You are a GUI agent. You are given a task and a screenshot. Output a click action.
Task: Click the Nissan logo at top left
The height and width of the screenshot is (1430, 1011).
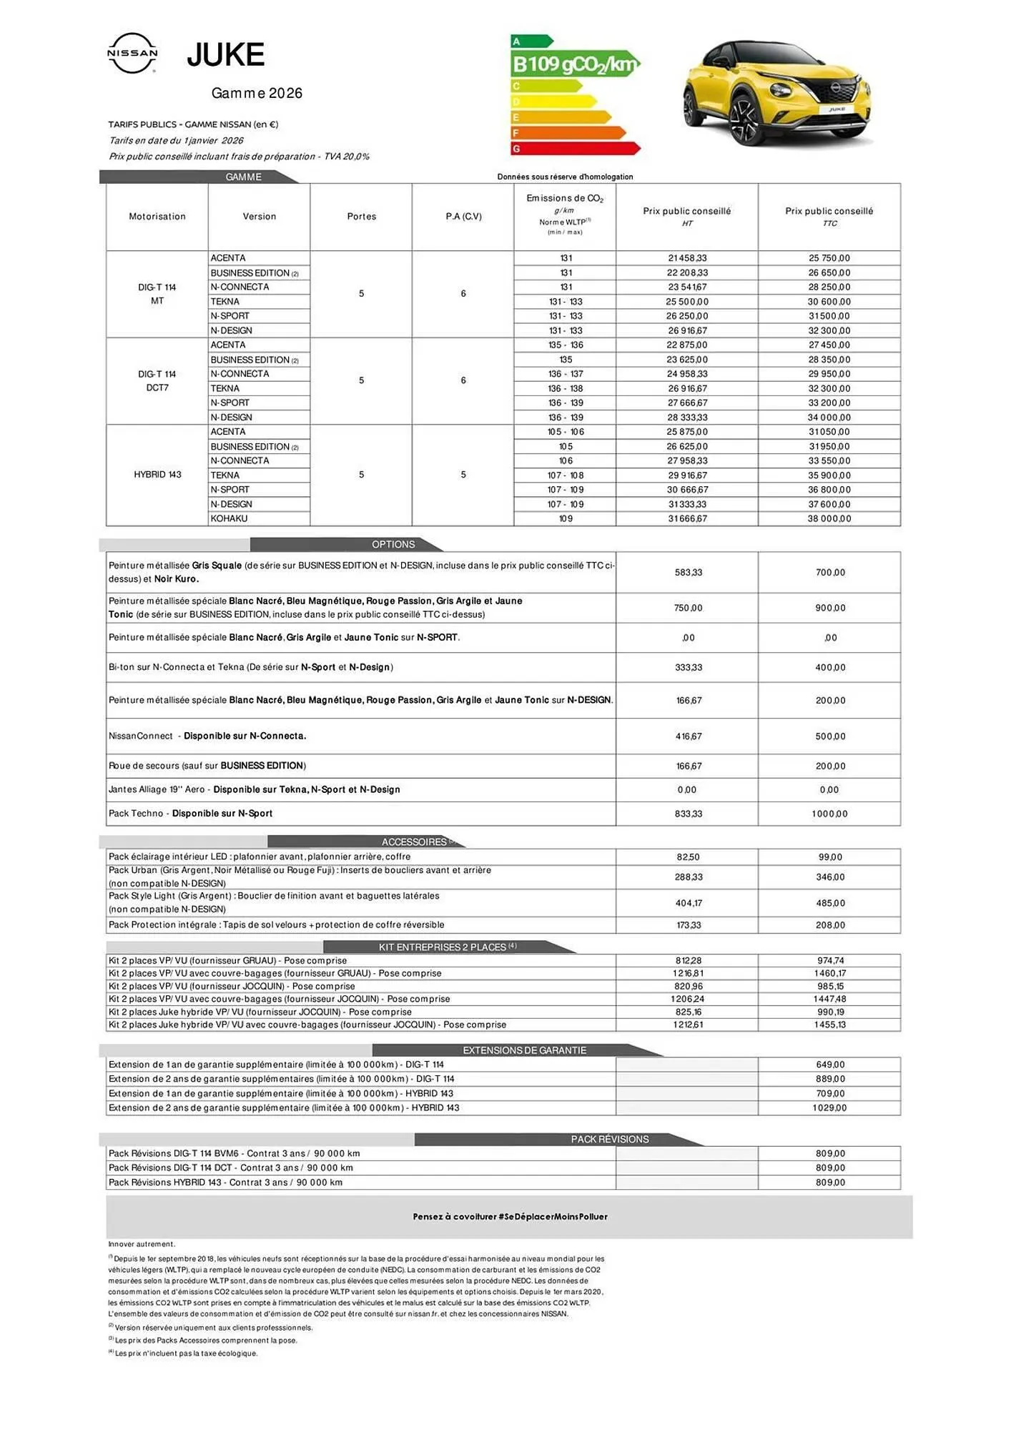coord(132,53)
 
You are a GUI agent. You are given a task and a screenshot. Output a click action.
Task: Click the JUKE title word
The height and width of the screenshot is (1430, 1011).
coord(225,55)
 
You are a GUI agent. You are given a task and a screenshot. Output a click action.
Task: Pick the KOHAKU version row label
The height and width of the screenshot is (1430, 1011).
coord(230,518)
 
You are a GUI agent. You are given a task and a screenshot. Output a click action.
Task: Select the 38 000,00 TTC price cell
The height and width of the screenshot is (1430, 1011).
coord(829,518)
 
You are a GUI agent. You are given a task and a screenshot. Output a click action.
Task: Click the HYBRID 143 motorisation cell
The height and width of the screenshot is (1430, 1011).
coord(157,475)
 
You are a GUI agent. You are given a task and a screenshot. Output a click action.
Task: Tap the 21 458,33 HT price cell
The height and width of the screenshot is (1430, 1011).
coord(686,258)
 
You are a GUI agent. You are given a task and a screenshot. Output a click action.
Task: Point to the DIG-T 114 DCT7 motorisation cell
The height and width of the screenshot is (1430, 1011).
coord(157,381)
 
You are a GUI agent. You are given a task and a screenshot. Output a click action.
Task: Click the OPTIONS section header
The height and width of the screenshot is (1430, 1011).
coord(393,544)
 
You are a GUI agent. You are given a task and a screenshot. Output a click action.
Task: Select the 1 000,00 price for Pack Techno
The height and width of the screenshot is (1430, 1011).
coord(829,814)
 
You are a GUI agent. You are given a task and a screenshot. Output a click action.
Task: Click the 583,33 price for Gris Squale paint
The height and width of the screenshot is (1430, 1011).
coord(688,572)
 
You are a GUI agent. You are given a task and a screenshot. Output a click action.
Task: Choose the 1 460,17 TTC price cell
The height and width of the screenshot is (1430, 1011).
coord(830,973)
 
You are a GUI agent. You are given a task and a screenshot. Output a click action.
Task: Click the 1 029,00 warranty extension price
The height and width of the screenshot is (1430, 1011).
coord(829,1108)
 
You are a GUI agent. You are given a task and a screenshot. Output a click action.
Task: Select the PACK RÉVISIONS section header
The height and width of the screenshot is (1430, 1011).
coord(609,1139)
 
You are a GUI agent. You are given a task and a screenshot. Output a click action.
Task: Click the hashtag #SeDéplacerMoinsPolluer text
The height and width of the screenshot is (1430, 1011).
coord(553,1216)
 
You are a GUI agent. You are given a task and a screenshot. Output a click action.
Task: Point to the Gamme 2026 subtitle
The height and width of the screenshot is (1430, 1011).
coord(257,93)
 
